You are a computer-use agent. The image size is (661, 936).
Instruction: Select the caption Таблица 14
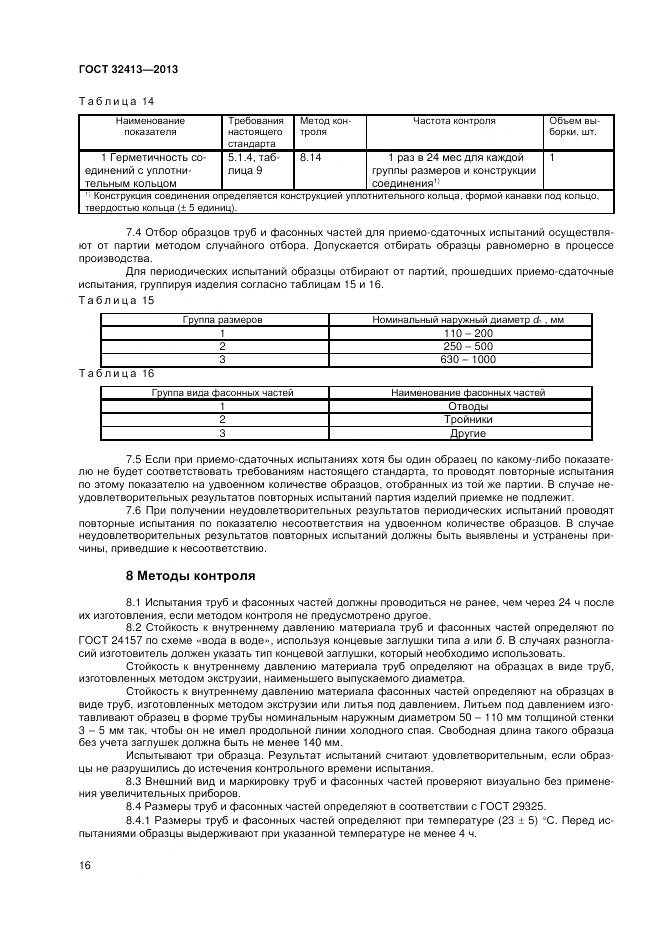click(x=115, y=101)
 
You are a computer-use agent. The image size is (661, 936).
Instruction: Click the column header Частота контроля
click(x=454, y=121)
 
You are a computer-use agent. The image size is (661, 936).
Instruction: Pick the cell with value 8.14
click(x=312, y=158)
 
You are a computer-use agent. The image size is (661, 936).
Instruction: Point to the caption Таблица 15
click(x=115, y=300)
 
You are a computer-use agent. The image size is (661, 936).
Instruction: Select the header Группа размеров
click(x=222, y=319)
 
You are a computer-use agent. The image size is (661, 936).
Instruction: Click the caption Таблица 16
click(x=115, y=373)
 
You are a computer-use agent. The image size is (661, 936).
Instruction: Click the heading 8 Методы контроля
click(x=191, y=576)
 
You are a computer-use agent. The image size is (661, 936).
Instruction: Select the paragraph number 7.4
click(x=139, y=232)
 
